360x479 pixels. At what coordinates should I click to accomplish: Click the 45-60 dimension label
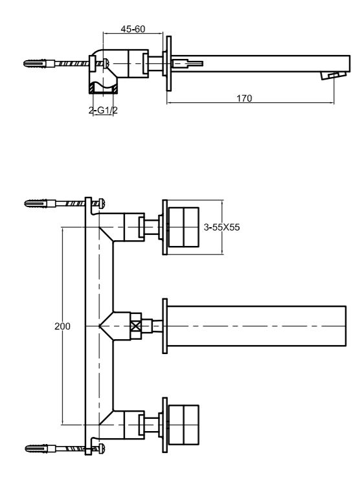pos(133,29)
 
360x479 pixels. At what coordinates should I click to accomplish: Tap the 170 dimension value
pos(244,98)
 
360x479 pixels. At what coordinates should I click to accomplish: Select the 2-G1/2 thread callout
pos(103,110)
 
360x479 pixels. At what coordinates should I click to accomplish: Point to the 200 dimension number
pos(62,326)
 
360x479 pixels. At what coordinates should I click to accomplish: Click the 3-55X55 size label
pos(222,227)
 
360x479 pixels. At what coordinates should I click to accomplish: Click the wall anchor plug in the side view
pos(36,63)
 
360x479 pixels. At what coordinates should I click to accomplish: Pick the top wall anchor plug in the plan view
pos(36,203)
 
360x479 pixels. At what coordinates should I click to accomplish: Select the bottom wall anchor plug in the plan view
pos(37,449)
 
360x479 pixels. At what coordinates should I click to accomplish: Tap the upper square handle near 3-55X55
pos(184,227)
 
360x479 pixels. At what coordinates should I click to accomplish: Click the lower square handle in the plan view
pos(184,425)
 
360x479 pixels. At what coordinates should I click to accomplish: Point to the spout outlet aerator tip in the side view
pos(333,76)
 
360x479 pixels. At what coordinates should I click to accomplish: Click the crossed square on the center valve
pos(136,326)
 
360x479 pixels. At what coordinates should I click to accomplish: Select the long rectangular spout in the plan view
pos(256,326)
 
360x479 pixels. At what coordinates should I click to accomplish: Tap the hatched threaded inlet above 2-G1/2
pos(104,89)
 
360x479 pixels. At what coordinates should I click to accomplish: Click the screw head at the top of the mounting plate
pos(102,203)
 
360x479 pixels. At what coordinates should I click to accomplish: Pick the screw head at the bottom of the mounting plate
pos(102,449)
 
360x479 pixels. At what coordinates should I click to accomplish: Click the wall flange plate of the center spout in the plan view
pos(164,326)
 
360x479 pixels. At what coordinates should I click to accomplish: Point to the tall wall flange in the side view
pos(169,63)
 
